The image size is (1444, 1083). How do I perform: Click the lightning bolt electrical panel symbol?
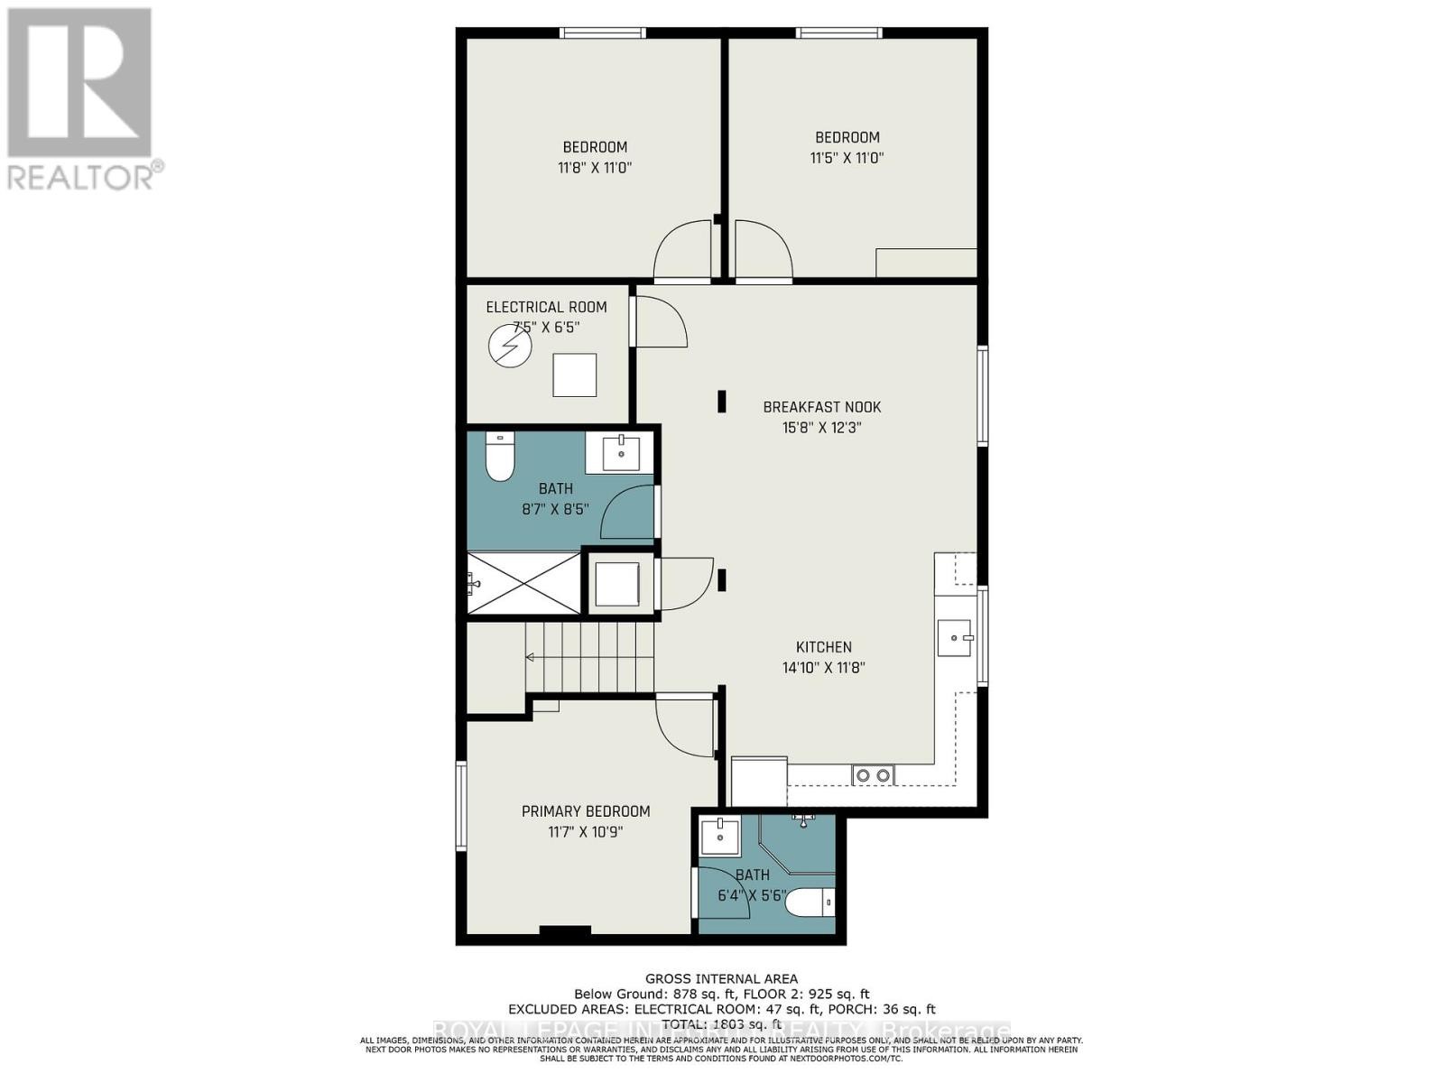pyautogui.click(x=510, y=346)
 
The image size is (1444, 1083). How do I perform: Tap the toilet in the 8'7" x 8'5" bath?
pyautogui.click(x=499, y=457)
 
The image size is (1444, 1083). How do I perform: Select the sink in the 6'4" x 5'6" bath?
pyautogui.click(x=720, y=836)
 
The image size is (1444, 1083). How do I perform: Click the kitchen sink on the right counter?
pyautogui.click(x=955, y=638)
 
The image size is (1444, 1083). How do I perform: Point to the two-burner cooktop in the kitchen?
pyautogui.click(x=873, y=774)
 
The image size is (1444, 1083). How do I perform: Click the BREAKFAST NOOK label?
pyautogui.click(x=821, y=407)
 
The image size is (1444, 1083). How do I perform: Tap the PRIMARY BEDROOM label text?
pyautogui.click(x=586, y=811)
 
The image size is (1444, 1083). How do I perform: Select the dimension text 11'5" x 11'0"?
pyautogui.click(x=847, y=158)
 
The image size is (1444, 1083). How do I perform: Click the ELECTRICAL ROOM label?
pyautogui.click(x=546, y=307)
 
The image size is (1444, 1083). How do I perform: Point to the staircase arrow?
pyautogui.click(x=532, y=656)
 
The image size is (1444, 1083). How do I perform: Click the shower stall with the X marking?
pyautogui.click(x=523, y=584)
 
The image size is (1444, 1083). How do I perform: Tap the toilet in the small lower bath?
pyautogui.click(x=810, y=901)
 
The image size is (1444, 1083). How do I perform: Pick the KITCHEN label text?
pyautogui.click(x=823, y=647)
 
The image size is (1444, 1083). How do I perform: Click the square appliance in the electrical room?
pyautogui.click(x=574, y=375)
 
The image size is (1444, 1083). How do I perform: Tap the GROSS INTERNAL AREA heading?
pyautogui.click(x=721, y=978)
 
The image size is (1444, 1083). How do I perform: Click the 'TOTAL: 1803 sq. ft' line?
pyautogui.click(x=721, y=1024)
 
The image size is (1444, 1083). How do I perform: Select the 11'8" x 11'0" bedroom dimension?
pyautogui.click(x=595, y=168)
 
